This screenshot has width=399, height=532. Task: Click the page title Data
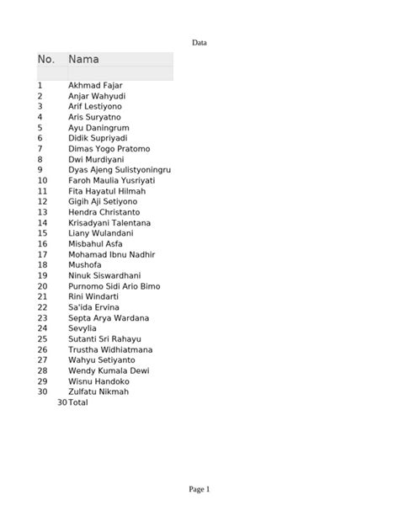pos(199,42)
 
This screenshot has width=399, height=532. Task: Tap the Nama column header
pos(83,60)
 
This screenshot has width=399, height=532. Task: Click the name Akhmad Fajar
pos(95,86)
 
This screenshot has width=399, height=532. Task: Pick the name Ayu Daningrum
pos(98,128)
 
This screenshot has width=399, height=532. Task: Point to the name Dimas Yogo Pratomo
pos(109,149)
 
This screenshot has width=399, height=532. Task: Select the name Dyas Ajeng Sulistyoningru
pos(120,170)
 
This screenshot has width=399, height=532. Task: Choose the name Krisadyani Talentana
pos(109,223)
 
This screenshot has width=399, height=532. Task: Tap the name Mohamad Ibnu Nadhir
pos(111,254)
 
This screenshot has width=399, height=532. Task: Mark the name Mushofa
pos(85,265)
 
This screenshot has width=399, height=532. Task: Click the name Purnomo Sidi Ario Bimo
pos(114,286)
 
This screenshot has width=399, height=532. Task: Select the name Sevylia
pos(82,328)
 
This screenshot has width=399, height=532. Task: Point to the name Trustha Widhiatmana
pos(110,349)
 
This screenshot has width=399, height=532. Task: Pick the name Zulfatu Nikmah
pos(98,391)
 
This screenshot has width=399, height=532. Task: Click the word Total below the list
pos(77,402)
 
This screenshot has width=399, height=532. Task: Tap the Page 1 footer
pos(199,489)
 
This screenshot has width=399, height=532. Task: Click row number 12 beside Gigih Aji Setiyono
pos(42,202)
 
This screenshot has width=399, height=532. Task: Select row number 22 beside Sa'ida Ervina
pos(42,307)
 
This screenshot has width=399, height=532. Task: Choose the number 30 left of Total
pos(61,402)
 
